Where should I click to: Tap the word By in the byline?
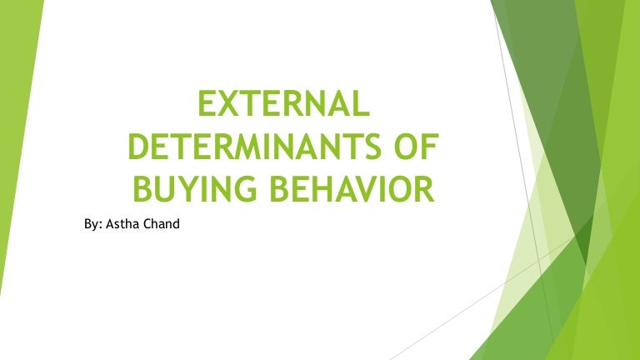tap(91, 223)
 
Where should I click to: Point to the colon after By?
tap(100, 225)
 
